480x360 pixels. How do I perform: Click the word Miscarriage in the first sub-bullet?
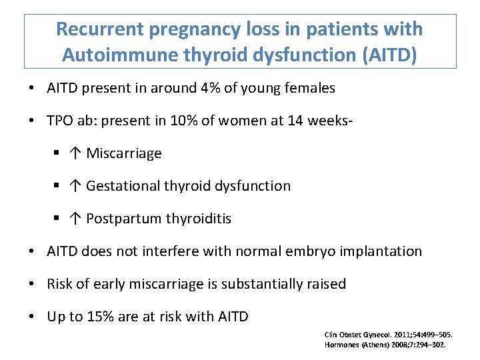coord(124,153)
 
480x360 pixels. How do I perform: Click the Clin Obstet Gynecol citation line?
coord(385,335)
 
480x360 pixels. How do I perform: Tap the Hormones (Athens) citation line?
coord(385,345)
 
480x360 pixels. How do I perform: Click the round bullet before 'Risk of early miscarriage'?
coord(33,284)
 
